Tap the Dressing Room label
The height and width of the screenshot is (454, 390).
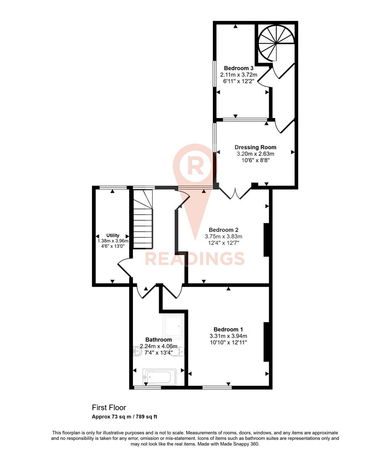(x=255, y=147)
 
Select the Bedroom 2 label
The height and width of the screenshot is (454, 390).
(x=224, y=230)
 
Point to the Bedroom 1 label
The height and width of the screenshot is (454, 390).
(x=228, y=329)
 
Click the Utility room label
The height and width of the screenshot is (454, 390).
(x=113, y=235)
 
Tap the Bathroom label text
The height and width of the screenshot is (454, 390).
(x=158, y=340)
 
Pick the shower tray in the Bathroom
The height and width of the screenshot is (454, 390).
(x=173, y=327)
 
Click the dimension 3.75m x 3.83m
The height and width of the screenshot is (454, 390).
(x=223, y=237)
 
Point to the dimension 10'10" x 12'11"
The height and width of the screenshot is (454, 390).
(x=228, y=343)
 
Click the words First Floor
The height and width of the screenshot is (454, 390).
(x=109, y=407)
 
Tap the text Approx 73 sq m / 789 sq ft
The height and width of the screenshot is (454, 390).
(x=125, y=417)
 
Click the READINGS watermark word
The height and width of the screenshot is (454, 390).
(x=195, y=258)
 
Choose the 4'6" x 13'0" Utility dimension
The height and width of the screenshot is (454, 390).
(x=113, y=246)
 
